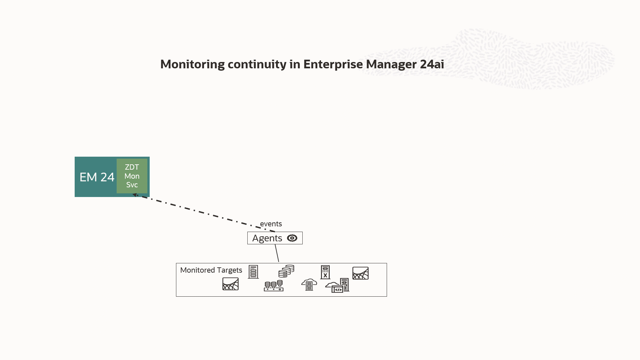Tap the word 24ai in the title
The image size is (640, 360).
(432, 64)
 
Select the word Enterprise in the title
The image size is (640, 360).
(333, 64)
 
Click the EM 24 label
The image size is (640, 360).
(97, 177)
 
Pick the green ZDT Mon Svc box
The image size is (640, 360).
(132, 176)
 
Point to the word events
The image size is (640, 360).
(271, 224)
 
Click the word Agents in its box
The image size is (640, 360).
(267, 238)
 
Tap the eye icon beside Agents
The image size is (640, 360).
(292, 238)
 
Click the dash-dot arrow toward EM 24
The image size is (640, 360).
(203, 212)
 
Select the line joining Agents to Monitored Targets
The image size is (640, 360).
(277, 253)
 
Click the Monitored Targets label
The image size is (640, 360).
(211, 270)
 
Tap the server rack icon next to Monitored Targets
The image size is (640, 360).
(253, 272)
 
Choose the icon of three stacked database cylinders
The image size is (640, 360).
(286, 271)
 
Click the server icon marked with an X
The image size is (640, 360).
(325, 272)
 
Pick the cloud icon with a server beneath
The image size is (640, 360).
(309, 284)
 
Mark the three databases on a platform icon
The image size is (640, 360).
(274, 286)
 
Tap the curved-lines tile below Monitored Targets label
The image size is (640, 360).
(231, 284)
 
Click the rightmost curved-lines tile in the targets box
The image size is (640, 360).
(360, 273)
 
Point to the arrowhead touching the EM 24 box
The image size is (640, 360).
(135, 195)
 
